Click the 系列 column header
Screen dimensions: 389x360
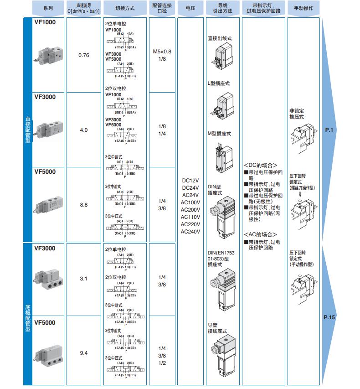48,8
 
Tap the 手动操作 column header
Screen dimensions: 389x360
303,8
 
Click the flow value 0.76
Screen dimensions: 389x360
84,55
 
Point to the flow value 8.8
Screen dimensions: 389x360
84,205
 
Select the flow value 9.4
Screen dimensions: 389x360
84,353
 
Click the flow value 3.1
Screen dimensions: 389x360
84,278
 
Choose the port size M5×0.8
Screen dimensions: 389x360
162,52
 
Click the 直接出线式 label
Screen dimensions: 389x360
220,39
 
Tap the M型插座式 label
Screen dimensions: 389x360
219,134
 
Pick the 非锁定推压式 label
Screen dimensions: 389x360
297,114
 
